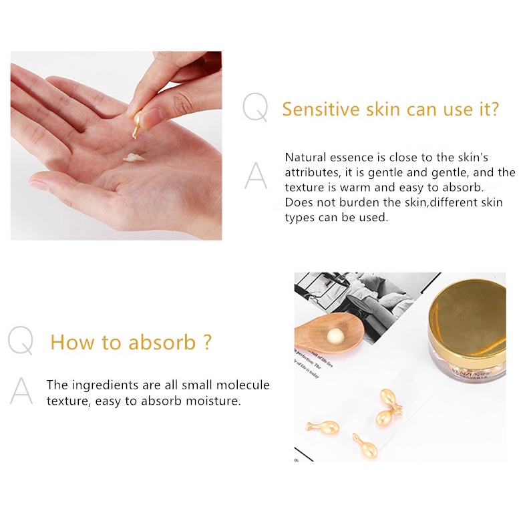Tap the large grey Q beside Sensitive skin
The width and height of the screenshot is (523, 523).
point(254,108)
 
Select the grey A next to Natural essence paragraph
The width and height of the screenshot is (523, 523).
point(255,176)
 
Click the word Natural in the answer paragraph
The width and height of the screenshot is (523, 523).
point(305,158)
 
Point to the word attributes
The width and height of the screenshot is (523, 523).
point(313,172)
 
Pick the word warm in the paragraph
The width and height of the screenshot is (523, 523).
point(347,188)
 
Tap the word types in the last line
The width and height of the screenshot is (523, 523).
point(299,218)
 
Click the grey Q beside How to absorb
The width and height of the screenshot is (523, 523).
point(20,341)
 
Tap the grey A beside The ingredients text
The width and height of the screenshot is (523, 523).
point(21,391)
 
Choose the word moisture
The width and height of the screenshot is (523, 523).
point(212,401)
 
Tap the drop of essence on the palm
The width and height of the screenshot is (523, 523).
point(134,158)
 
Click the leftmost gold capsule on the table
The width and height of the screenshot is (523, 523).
point(323,427)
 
